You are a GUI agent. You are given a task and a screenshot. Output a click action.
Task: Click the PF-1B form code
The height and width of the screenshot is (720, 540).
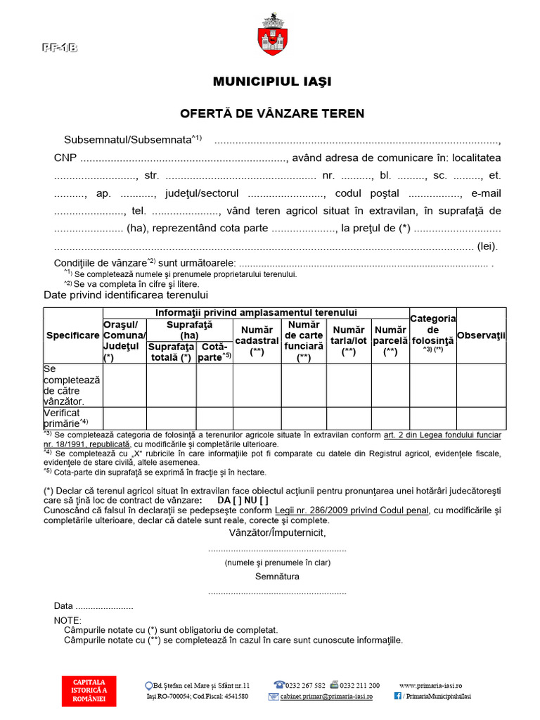click(x=59, y=48)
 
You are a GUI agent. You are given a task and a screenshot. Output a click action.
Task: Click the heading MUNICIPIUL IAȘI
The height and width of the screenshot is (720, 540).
click(x=272, y=82)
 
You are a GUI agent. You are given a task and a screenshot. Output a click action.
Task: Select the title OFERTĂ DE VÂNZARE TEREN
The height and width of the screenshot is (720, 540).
click(x=272, y=113)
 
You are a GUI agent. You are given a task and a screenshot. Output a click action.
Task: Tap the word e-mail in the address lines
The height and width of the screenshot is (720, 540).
click(x=486, y=193)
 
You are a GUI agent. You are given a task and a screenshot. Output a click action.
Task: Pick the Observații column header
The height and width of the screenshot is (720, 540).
click(x=481, y=335)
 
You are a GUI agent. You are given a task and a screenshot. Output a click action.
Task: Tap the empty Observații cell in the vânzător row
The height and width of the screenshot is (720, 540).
click(x=481, y=385)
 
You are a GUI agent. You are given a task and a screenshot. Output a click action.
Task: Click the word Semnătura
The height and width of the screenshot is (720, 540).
click(x=277, y=577)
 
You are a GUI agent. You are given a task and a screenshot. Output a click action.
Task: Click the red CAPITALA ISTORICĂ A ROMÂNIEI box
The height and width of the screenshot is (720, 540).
click(x=89, y=690)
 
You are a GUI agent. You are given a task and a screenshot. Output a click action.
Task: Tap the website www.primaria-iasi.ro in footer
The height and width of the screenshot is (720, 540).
click(x=430, y=686)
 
